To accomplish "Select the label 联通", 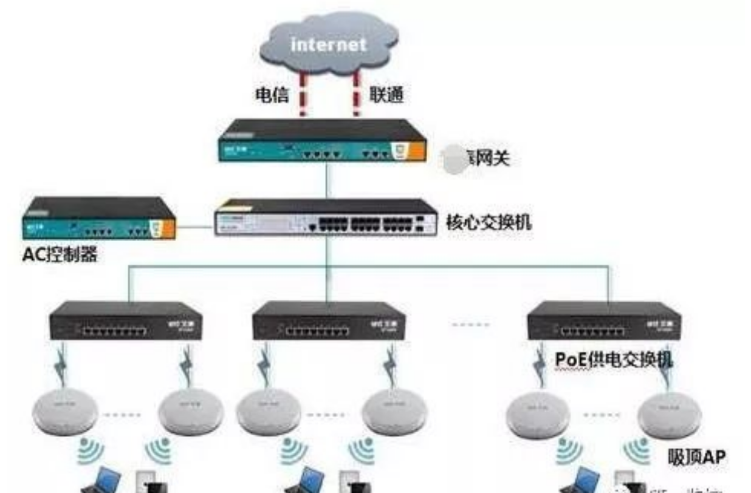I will (x=387, y=95).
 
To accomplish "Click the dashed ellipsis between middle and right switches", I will (x=470, y=324).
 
